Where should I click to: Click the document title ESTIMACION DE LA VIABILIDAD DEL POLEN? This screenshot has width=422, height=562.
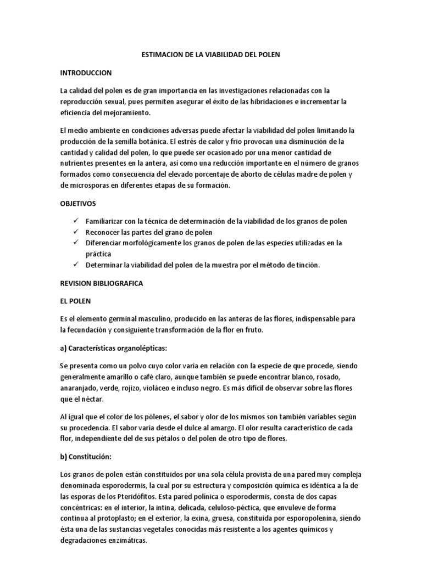(x=210, y=54)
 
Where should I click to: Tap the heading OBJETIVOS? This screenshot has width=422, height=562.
(x=78, y=203)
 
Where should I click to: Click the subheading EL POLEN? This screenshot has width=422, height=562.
(x=75, y=301)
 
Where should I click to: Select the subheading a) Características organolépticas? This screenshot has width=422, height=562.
(x=113, y=349)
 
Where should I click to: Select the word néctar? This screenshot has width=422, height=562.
(x=89, y=399)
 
